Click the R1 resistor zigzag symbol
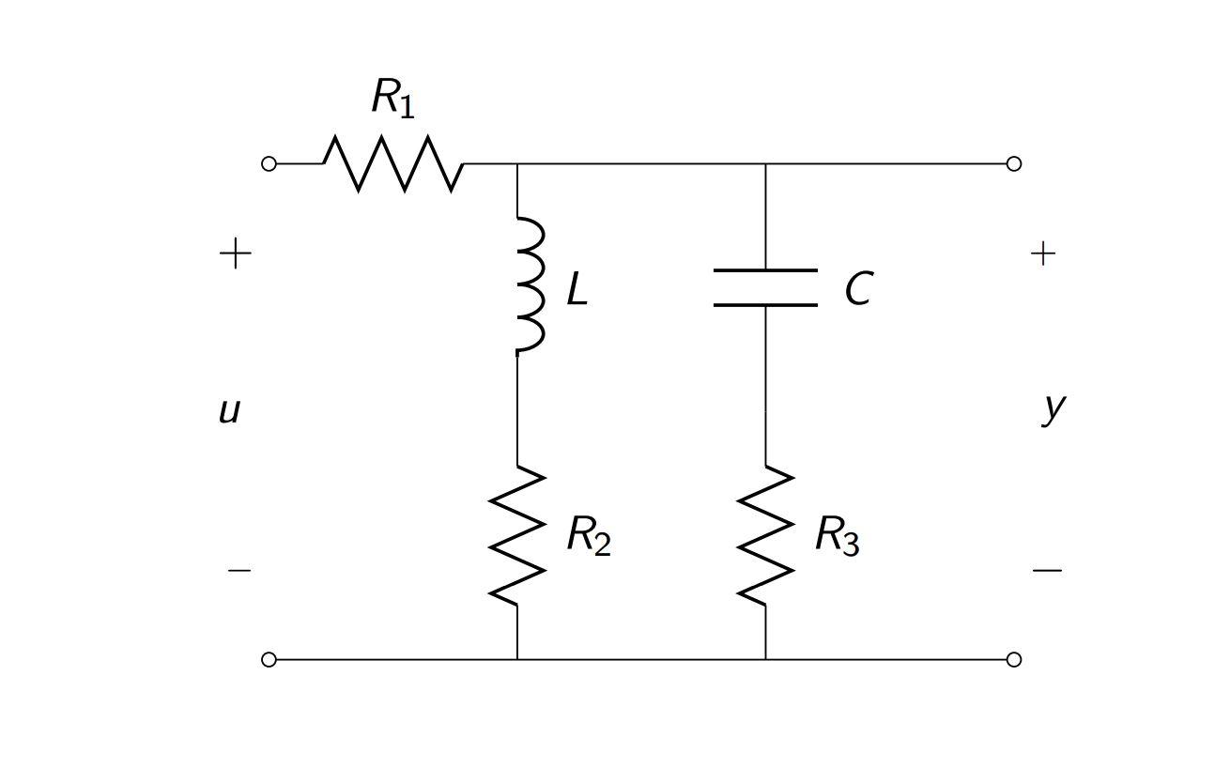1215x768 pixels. [x=393, y=163]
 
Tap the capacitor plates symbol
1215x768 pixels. [x=765, y=287]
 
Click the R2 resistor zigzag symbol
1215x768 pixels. [x=517, y=535]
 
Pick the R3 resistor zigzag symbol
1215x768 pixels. [x=765, y=535]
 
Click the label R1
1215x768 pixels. [x=392, y=97]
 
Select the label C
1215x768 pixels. [x=858, y=289]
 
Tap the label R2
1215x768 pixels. [x=589, y=536]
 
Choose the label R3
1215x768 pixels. [x=837, y=536]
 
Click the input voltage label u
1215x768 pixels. [x=229, y=410]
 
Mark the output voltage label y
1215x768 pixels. [x=1054, y=408]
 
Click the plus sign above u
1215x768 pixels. [x=236, y=253]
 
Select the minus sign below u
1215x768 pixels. [x=239, y=570]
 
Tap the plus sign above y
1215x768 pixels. [x=1043, y=253]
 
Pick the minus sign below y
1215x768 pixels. [x=1047, y=570]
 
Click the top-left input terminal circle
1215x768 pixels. [x=269, y=163]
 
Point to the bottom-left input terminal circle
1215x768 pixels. [x=269, y=659]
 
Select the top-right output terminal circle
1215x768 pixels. [x=1013, y=163]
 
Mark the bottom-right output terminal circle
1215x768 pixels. [x=1013, y=659]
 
